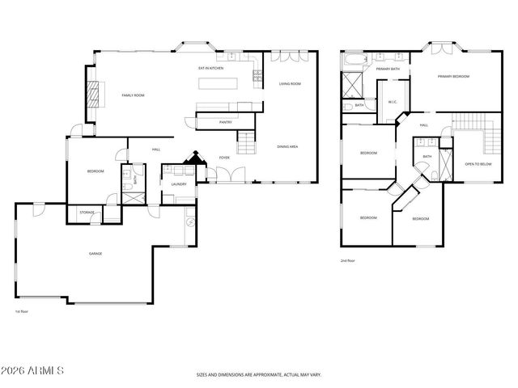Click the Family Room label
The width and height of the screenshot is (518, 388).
(133, 95)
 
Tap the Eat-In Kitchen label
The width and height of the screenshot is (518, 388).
(212, 69)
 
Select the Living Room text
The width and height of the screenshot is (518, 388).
(290, 84)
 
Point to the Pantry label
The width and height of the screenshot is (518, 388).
(226, 122)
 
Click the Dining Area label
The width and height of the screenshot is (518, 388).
(287, 146)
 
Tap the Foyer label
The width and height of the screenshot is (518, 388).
(224, 158)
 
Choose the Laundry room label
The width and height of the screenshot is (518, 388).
(179, 184)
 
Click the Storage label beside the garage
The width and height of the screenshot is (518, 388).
(87, 212)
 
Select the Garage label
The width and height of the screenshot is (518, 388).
(96, 254)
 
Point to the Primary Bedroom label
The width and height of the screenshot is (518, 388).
(453, 77)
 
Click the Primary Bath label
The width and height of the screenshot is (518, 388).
(388, 70)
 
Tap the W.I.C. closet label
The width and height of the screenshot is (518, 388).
(392, 102)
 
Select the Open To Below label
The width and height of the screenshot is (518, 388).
(478, 164)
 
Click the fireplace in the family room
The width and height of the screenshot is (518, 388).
(96, 95)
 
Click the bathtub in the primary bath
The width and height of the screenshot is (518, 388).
(354, 60)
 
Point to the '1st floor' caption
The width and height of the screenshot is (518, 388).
(23, 311)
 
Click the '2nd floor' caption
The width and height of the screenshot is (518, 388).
(349, 260)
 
